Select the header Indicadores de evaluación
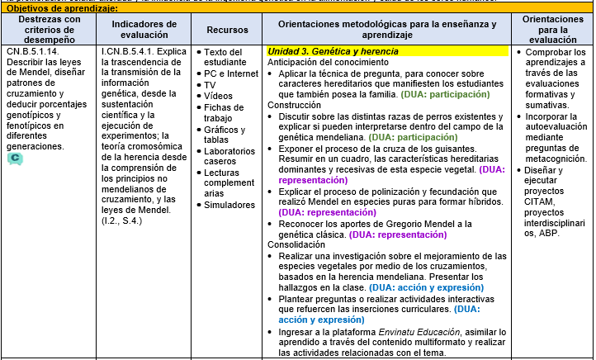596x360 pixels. [144, 30]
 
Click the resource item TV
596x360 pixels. [210, 85]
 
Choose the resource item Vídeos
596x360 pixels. [217, 96]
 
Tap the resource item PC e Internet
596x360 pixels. [231, 73]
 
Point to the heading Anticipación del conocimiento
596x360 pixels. [328, 62]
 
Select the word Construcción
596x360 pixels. [294, 105]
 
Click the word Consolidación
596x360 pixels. [297, 244]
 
